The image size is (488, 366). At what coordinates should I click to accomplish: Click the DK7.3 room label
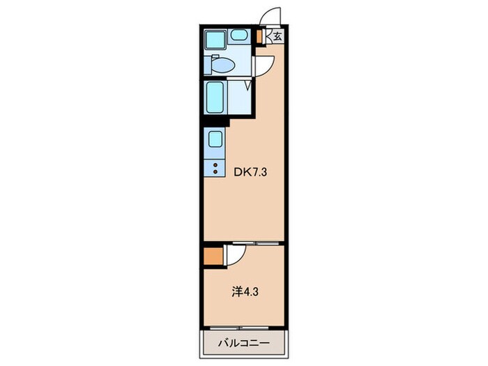point(250,172)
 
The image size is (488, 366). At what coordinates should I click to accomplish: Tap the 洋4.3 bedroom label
point(245,292)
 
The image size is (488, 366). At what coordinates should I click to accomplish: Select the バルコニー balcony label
point(243,344)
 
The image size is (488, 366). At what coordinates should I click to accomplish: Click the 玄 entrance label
point(277,36)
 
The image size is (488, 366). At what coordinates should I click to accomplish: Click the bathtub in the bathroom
point(215,98)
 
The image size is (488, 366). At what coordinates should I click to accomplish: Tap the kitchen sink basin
point(215,139)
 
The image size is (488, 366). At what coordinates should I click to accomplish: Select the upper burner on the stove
point(215,165)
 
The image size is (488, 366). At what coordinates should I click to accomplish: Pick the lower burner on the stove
point(215,171)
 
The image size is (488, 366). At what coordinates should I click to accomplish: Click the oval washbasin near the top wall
point(239,35)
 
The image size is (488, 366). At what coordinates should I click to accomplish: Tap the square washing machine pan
point(215,40)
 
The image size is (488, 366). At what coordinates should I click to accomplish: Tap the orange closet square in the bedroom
point(213,257)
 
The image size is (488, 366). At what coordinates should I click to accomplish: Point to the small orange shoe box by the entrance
point(259,37)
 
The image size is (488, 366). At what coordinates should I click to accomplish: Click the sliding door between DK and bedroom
point(256,243)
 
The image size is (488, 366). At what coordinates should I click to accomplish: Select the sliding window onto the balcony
point(239,328)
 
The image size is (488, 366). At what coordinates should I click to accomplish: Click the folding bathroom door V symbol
point(248,85)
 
